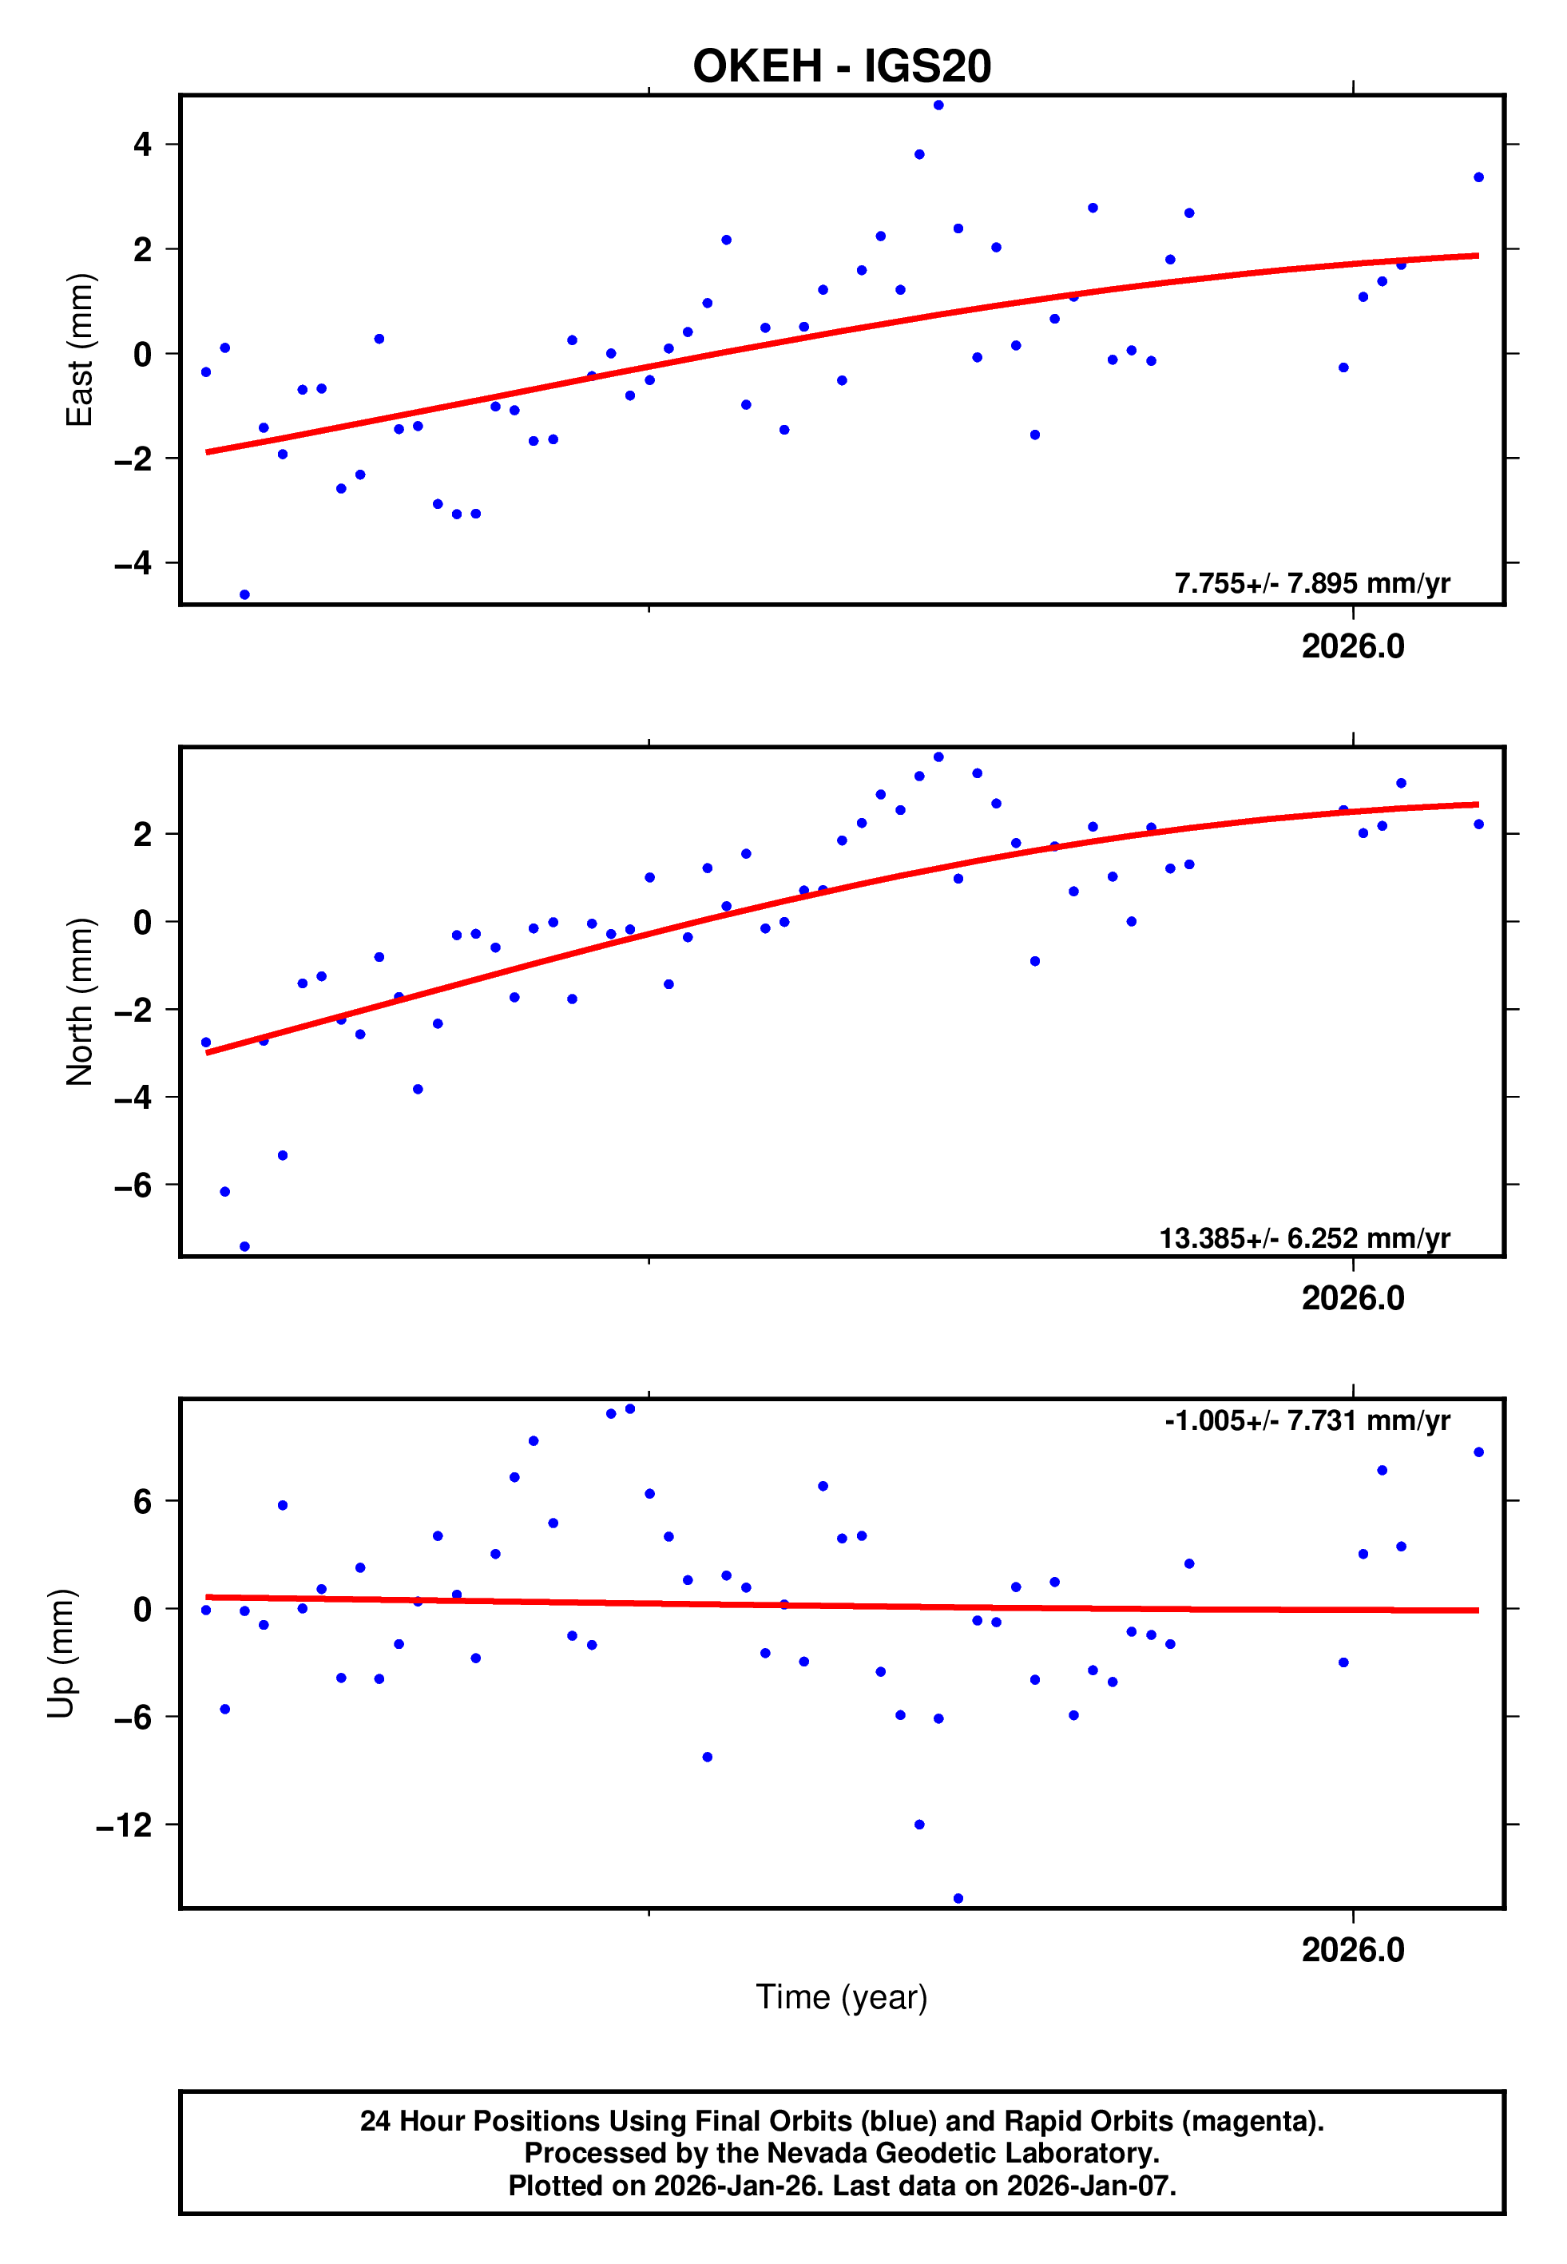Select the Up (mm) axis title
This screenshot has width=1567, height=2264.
(61, 1654)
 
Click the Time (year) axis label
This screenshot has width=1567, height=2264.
(842, 1997)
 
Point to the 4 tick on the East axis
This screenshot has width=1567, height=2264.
(143, 145)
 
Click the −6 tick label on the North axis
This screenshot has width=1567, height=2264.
(133, 1185)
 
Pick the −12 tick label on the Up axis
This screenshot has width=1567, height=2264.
(125, 1825)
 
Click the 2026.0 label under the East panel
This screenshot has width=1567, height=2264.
(1353, 646)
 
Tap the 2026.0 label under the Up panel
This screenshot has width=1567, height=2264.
(1353, 1950)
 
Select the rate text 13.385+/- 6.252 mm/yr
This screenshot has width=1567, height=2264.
(1304, 1238)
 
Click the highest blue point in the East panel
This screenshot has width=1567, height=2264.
(938, 105)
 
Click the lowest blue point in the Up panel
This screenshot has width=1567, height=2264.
(958, 1899)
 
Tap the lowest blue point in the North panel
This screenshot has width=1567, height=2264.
(244, 1247)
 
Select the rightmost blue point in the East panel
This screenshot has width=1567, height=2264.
(1478, 177)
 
